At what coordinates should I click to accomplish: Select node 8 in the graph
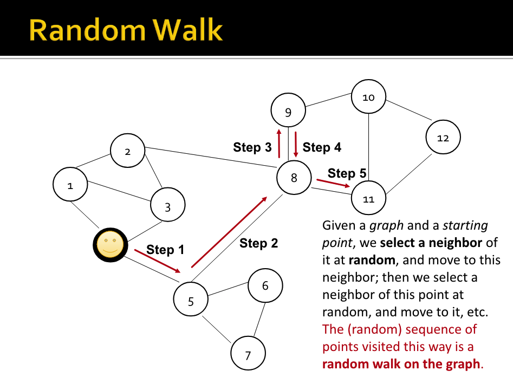coord(294,177)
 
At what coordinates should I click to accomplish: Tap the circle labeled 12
coord(443,138)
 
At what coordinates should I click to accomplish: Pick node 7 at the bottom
coord(248,355)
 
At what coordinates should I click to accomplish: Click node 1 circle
coord(70,185)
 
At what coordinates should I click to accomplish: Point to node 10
coord(368,98)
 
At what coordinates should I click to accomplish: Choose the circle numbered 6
coord(265,285)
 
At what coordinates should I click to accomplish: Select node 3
coord(167,207)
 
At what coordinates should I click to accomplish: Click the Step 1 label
coord(165,249)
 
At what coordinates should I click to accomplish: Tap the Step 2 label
coord(258,243)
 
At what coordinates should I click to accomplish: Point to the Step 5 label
coord(347,173)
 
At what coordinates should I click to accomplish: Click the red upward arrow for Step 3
coord(279,143)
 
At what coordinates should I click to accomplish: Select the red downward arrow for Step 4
coord(296,143)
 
